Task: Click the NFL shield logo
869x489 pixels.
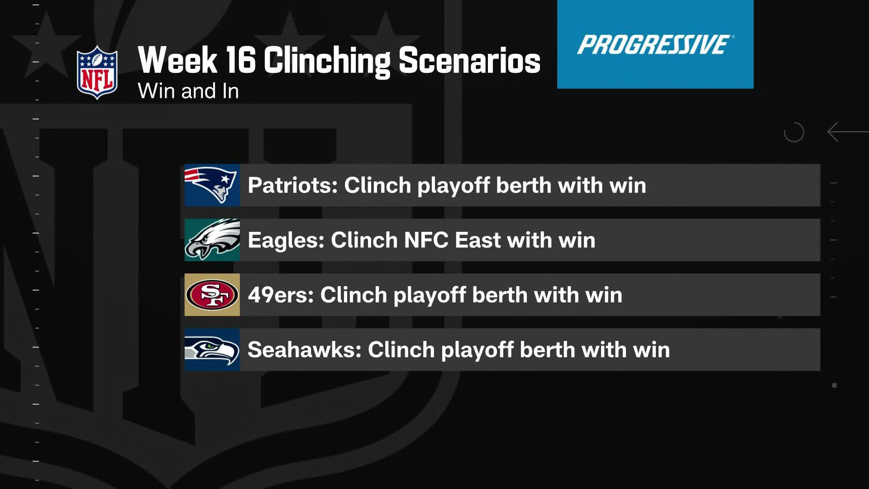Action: (x=97, y=72)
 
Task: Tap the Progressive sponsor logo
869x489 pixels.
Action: (x=655, y=44)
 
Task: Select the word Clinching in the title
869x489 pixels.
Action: (x=326, y=61)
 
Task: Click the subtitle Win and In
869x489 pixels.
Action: (x=188, y=91)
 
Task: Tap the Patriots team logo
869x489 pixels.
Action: (x=212, y=185)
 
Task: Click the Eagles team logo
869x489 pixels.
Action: (x=212, y=240)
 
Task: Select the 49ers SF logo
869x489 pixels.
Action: (x=212, y=295)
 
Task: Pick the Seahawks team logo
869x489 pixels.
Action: (x=212, y=350)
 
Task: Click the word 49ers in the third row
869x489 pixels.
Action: (x=281, y=295)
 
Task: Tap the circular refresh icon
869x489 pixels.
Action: (x=794, y=132)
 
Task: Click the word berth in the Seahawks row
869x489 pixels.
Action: (x=547, y=350)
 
